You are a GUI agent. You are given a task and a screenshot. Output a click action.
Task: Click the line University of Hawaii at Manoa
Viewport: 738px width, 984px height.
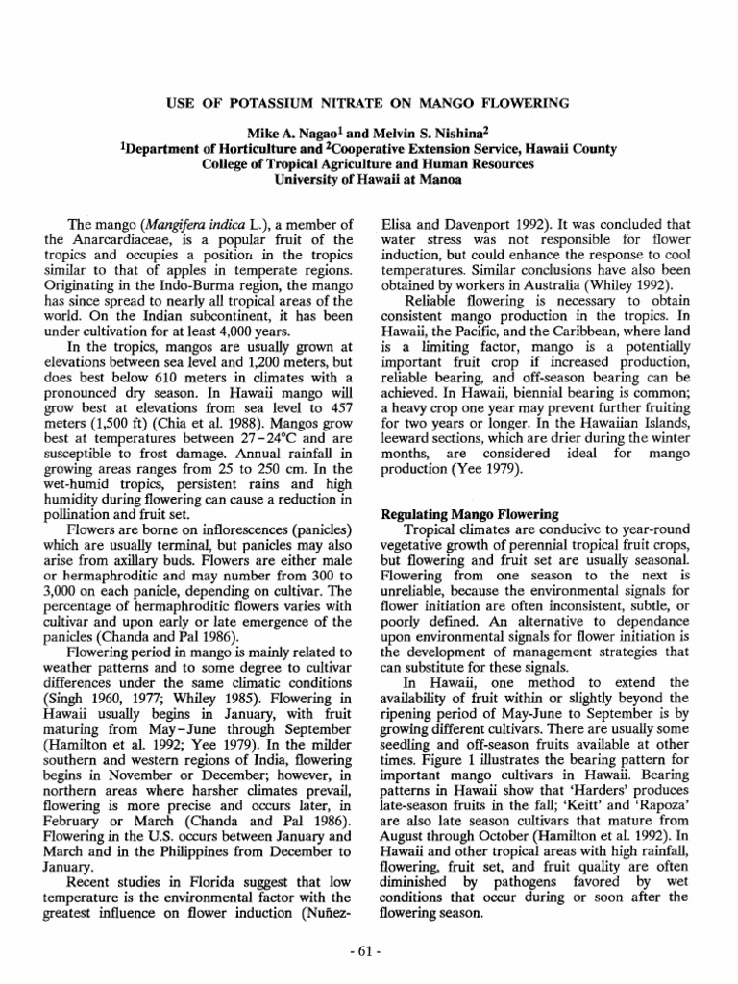pyautogui.click(x=368, y=178)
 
